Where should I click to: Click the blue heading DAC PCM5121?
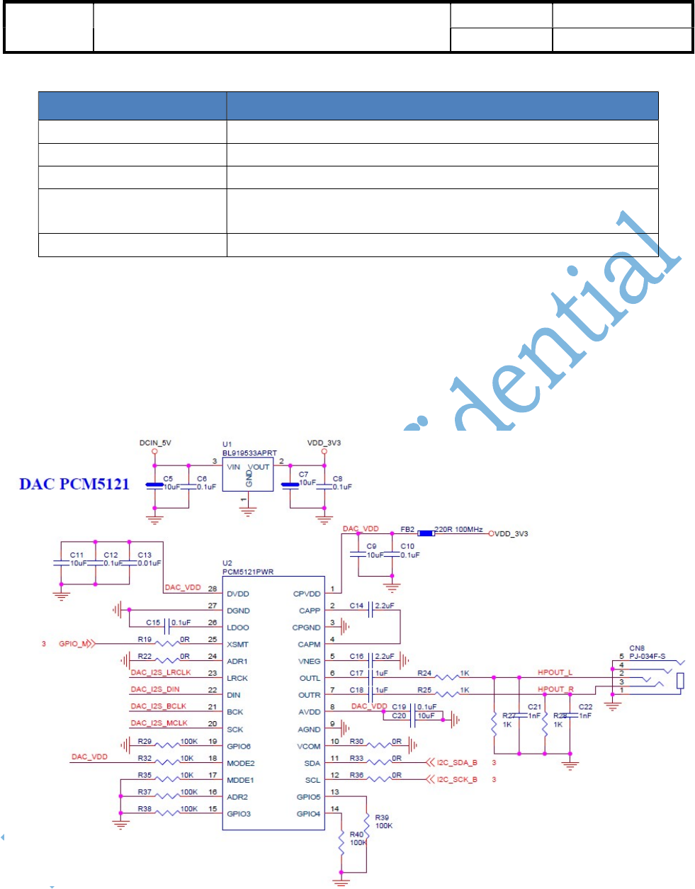[x=74, y=485]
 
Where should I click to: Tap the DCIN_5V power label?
[x=155, y=443]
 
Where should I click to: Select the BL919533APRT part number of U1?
[x=249, y=453]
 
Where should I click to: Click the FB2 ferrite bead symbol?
[x=425, y=533]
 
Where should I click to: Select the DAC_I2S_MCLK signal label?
[x=159, y=723]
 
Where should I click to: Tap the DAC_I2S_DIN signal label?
[x=155, y=689]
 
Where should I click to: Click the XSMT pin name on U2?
[x=238, y=645]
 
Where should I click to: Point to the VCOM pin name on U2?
[x=309, y=747]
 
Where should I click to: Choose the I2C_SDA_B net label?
[x=457, y=763]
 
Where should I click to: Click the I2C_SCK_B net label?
[x=457, y=780]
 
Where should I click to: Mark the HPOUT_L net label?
[x=555, y=672]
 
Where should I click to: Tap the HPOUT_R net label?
[x=555, y=689]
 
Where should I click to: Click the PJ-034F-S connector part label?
[x=648, y=657]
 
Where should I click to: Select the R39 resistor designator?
[x=382, y=817]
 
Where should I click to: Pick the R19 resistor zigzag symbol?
[x=169, y=644]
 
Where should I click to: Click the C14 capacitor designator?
[x=356, y=606]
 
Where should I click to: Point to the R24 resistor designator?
[x=424, y=673]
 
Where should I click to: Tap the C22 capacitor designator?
[x=585, y=707]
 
